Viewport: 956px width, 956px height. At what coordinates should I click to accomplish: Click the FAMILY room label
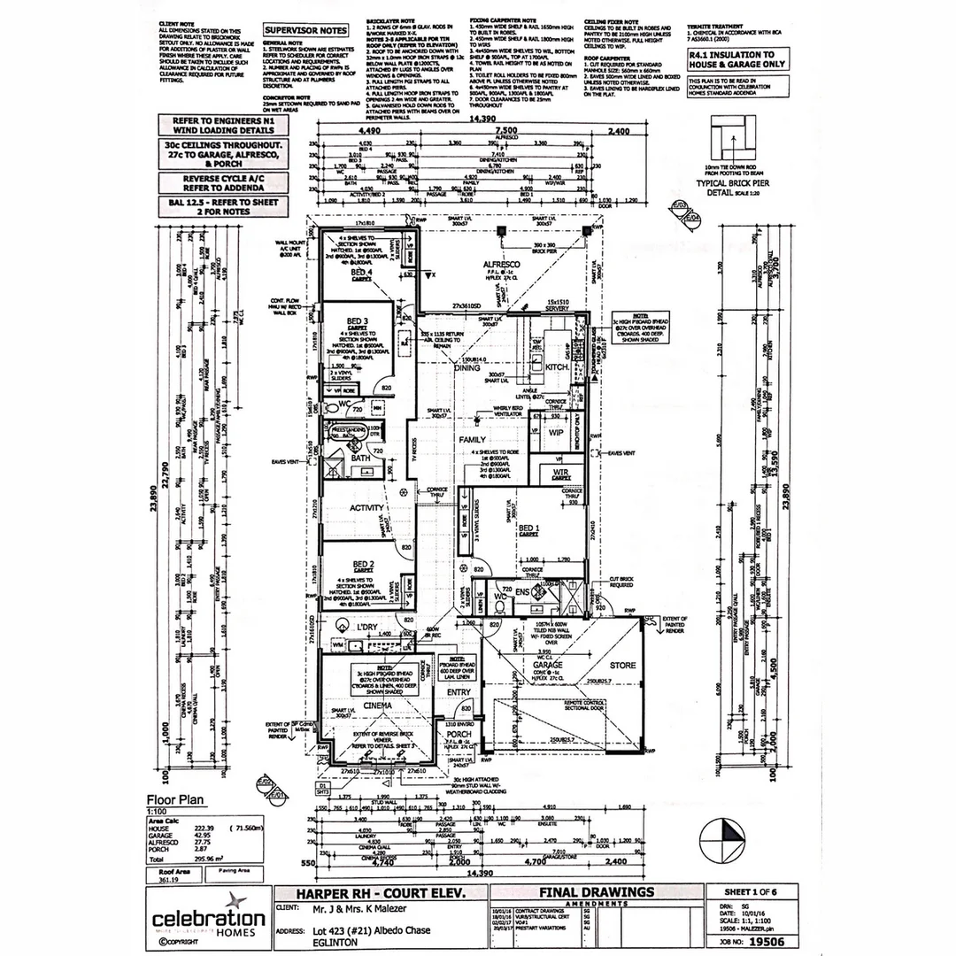[x=473, y=439]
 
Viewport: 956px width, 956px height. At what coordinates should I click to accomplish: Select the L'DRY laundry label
[x=367, y=628]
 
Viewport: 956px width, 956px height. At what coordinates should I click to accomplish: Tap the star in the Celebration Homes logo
[x=209, y=899]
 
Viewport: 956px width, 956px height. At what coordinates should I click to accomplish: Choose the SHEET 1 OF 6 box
[x=747, y=891]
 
